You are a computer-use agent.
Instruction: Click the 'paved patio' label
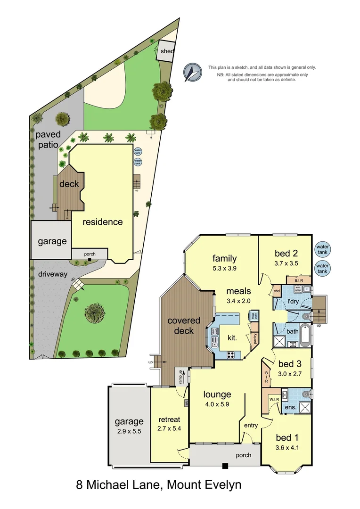coord(49,140)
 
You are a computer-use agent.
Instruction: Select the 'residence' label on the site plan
coord(103,222)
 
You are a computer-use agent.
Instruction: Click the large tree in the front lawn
coord(95,312)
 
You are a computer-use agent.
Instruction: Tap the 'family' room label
coord(224,258)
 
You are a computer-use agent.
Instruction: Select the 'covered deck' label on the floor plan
coord(184,326)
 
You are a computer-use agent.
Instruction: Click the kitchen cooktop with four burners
coord(231,355)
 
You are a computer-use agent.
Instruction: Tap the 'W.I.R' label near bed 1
coord(275,399)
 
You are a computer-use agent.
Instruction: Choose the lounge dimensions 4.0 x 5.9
coord(217,404)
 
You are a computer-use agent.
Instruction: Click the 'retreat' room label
coord(169,419)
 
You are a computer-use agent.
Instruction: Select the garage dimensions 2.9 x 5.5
coord(128,431)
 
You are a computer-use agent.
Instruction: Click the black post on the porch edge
coord(225,466)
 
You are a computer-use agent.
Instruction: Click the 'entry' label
coord(251,426)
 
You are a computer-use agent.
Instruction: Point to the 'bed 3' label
coord(286,364)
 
